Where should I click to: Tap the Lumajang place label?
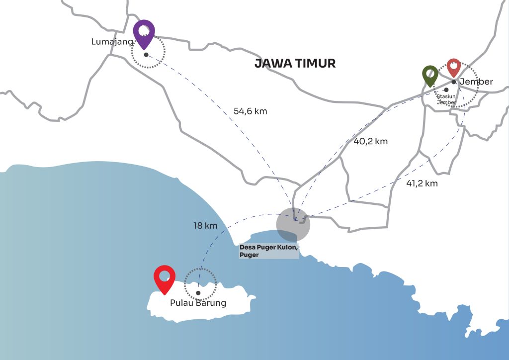click(x=112, y=42)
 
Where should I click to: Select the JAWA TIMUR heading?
click(x=295, y=64)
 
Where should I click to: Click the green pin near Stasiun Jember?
click(x=429, y=75)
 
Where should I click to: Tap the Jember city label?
click(x=476, y=82)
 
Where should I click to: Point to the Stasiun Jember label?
click(x=446, y=99)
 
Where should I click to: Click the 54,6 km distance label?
click(x=250, y=111)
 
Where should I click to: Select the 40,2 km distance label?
click(x=370, y=141)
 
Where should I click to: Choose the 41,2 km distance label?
click(x=422, y=183)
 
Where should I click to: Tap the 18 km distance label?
click(x=205, y=226)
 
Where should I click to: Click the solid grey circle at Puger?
click(x=293, y=224)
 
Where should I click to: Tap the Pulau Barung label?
click(x=198, y=303)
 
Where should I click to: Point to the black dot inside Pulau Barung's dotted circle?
click(x=198, y=293)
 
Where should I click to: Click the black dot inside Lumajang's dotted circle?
click(x=146, y=55)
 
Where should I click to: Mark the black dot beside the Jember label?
click(x=454, y=82)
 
